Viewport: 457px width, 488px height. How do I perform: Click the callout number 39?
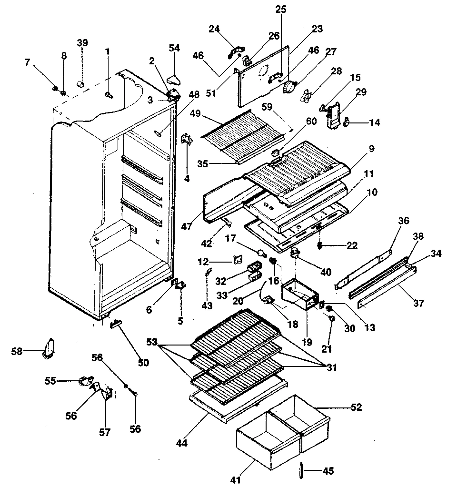[82, 43]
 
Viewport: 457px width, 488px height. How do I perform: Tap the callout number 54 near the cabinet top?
[175, 48]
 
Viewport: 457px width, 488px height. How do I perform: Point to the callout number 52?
[356, 407]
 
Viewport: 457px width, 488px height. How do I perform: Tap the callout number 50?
[143, 363]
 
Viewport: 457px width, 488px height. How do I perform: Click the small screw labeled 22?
[320, 245]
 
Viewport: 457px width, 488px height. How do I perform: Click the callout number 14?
[375, 122]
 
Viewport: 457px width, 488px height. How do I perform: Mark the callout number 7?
[27, 62]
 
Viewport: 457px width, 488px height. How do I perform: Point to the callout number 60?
[311, 122]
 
